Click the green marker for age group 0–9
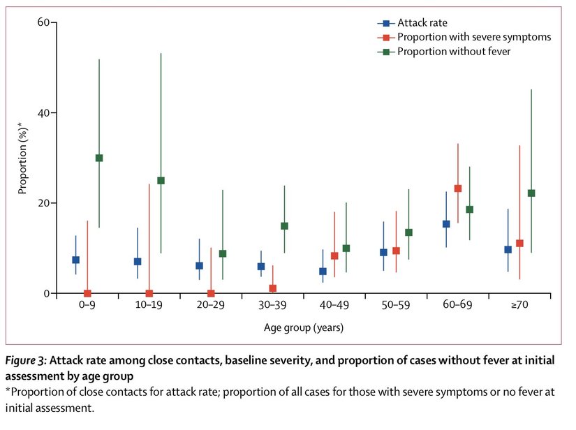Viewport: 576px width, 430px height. coord(99,158)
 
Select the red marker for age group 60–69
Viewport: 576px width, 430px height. coord(458,188)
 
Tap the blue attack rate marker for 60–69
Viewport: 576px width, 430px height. coord(446,224)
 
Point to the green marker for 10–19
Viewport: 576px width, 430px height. coord(161,180)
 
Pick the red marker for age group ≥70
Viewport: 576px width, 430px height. coord(519,244)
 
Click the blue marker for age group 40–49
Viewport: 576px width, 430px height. coord(323,272)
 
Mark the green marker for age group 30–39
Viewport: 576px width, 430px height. coord(284,225)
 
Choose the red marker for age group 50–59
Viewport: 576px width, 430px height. coord(397,251)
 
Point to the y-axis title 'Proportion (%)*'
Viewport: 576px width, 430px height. coord(22,158)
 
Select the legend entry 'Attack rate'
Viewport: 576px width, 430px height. coord(422,23)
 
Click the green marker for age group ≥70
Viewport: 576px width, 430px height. coord(531,193)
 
